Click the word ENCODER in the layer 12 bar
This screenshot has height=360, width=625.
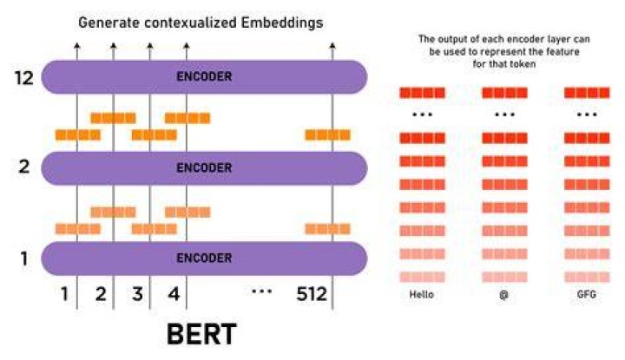[x=204, y=76]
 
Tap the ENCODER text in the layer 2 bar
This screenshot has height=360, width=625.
[x=204, y=167]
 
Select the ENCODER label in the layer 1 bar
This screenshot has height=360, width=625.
[x=204, y=258]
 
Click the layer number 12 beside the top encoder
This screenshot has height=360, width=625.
[x=24, y=78]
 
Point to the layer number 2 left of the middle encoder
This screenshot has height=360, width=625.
[x=24, y=167]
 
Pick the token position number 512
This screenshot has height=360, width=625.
[x=312, y=294]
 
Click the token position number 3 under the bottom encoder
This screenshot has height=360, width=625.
[x=137, y=294]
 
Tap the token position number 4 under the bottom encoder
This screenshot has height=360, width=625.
[x=174, y=294]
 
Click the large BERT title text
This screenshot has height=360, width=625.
[x=201, y=334]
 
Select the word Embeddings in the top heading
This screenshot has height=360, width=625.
[x=282, y=23]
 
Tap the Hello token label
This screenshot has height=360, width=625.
[x=422, y=295]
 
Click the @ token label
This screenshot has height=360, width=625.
[x=503, y=295]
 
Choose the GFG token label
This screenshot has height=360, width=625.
[x=587, y=295]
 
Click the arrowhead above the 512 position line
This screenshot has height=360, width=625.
[x=332, y=46]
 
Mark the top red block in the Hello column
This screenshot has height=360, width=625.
[x=422, y=93]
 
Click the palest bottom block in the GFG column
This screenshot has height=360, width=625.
[x=587, y=277]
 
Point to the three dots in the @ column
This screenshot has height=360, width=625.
[x=504, y=115]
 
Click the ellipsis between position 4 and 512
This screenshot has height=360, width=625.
[x=262, y=291]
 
